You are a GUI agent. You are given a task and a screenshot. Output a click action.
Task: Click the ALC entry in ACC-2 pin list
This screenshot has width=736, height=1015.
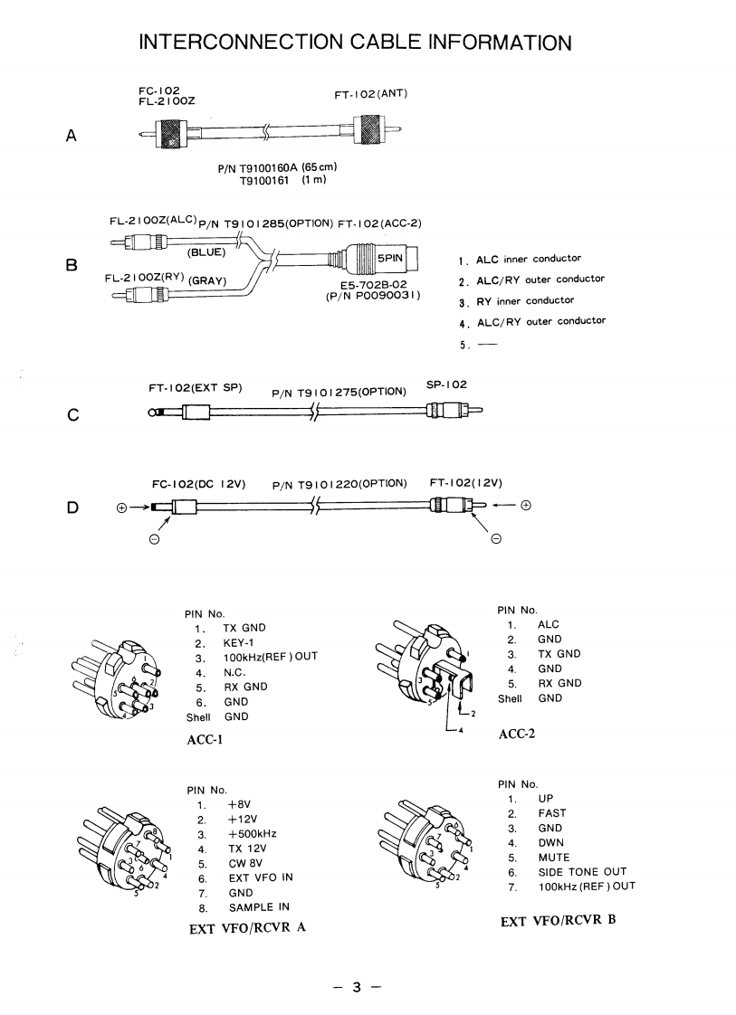point(549,625)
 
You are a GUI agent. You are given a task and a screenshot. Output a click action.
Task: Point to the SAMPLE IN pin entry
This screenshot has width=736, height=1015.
point(258,907)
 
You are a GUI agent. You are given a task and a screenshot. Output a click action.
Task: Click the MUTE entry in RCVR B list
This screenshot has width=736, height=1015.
point(553,857)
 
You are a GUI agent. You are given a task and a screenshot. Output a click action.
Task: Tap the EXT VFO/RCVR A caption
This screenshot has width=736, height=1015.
point(240,930)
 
